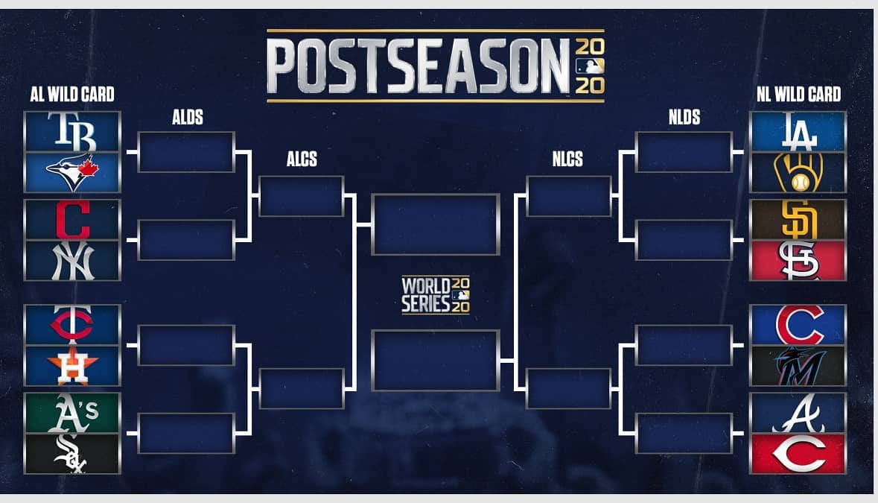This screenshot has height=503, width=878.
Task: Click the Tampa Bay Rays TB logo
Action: [72, 132]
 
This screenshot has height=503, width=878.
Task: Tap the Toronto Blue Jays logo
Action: [72, 172]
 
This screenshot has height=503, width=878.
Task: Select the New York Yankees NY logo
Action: [72, 261]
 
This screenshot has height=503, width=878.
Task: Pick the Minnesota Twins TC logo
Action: [72, 324]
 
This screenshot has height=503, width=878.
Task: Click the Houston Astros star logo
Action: [72, 365]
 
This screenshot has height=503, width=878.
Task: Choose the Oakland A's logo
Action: [74, 413]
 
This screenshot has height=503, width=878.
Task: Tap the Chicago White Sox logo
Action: [71, 454]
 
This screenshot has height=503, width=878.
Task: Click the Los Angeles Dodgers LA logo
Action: [798, 132]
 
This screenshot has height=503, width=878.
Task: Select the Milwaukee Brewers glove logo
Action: [798, 173]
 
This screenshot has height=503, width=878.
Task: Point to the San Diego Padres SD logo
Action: [798, 220]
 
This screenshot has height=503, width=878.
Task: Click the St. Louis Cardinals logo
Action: [798, 261]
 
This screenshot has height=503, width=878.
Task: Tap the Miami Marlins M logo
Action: [798, 365]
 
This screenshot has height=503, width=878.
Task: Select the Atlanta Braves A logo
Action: [798, 414]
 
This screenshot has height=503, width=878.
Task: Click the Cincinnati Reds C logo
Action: [798, 454]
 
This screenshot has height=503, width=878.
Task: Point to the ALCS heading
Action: [302, 159]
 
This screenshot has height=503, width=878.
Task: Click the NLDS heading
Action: [684, 117]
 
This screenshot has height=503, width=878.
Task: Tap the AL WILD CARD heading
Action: [72, 94]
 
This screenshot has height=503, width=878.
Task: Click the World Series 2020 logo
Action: [435, 294]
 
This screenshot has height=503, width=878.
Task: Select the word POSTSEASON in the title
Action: [418, 66]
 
